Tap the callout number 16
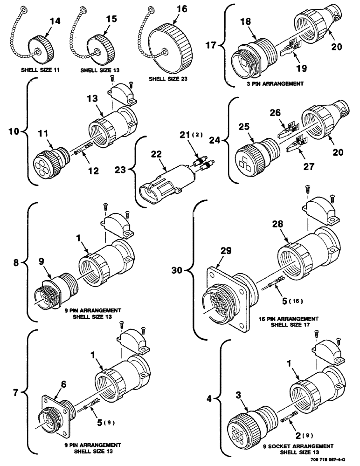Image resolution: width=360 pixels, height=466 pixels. point(181,9)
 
